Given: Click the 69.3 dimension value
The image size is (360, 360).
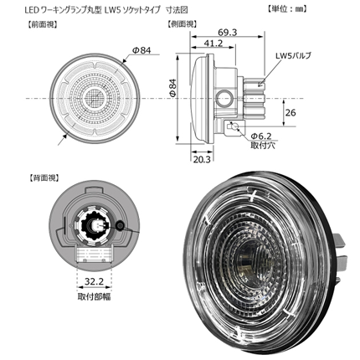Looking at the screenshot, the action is (227, 33).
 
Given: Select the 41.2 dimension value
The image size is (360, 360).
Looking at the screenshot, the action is (213, 43).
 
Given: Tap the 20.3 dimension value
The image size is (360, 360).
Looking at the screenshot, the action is (202, 159).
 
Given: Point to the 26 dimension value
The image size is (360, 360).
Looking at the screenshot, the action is (291, 113).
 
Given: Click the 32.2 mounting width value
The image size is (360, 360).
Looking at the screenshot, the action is (94, 281).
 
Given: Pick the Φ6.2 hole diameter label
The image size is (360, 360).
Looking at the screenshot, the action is (261, 136).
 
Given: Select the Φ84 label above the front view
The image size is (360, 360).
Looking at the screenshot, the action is (141, 50).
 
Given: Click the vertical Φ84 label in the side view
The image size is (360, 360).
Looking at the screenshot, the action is (172, 88).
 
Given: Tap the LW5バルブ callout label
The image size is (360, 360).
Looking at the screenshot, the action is (293, 55).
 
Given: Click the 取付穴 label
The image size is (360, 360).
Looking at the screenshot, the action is (263, 146).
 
